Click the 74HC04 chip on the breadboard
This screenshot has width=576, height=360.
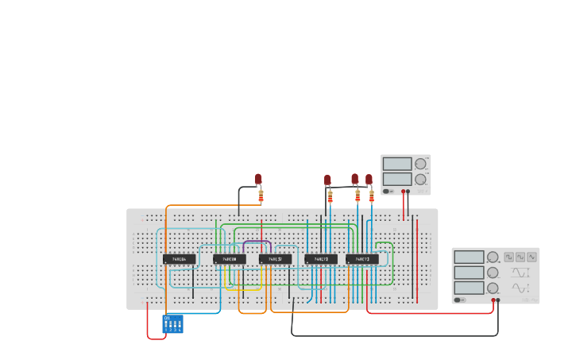tap(179, 259)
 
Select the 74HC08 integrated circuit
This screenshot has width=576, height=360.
tap(229, 259)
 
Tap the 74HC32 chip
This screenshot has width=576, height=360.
tap(275, 259)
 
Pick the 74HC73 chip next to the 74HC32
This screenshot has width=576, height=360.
tap(321, 259)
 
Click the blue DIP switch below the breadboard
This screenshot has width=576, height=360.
tap(172, 323)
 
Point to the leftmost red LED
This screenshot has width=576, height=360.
tap(258, 179)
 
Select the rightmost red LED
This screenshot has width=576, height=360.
tap(369, 179)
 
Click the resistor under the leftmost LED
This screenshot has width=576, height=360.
tap(261, 195)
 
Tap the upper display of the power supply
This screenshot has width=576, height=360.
tap(396, 164)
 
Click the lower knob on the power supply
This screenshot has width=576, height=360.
tap(420, 179)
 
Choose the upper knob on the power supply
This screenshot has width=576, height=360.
tap(420, 164)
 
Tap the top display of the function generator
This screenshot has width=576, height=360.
tap(469, 257)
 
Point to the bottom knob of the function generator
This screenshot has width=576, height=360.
tap(493, 288)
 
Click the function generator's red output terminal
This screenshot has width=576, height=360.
tap(493, 300)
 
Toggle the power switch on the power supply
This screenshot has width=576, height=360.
tap(387, 191)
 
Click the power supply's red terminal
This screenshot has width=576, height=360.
tap(403, 192)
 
